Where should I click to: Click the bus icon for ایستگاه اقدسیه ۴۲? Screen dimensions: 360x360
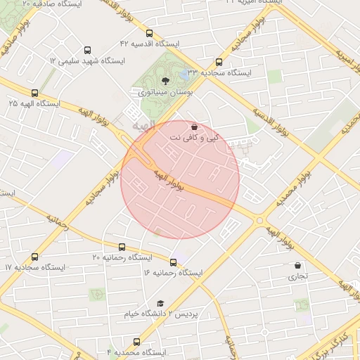pyautogui.click(x=148, y=33)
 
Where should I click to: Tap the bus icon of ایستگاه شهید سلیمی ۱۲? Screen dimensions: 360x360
pyautogui.click(x=87, y=51)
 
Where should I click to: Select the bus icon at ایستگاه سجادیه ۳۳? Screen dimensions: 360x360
pyautogui.click(x=219, y=62)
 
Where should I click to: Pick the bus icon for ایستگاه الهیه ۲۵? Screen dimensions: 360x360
pyautogui.click(x=34, y=93)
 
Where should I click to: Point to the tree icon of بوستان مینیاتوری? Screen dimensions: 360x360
pyautogui.click(x=165, y=82)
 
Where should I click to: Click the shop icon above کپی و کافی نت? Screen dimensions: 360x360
pyautogui.click(x=194, y=127)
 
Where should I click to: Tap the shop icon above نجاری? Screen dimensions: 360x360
pyautogui.click(x=298, y=266)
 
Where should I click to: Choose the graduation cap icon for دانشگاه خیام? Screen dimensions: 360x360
pyautogui.click(x=160, y=303)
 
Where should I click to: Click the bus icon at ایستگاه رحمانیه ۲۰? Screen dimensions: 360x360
pyautogui.click(x=122, y=247)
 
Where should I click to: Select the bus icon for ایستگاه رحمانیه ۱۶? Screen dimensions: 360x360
pyautogui.click(x=173, y=262)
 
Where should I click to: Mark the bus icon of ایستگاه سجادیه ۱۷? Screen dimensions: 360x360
pyautogui.click(x=35, y=257)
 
